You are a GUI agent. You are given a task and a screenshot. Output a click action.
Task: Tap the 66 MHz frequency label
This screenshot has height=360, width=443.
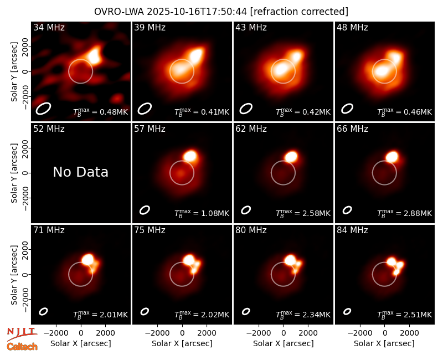(x=352, y=129)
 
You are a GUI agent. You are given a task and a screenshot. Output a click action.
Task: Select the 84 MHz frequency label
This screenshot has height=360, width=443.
(x=352, y=230)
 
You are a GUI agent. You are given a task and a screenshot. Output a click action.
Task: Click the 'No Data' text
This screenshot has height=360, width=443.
(x=80, y=172)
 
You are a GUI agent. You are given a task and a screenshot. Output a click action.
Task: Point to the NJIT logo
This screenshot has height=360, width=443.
(x=22, y=334)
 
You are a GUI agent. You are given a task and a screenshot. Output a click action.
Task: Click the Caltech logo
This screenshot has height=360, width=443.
(x=22, y=347)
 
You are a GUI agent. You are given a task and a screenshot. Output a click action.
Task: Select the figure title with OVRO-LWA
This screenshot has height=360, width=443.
(x=221, y=12)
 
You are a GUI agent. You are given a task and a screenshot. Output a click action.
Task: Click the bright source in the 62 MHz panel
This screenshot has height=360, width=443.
(x=291, y=156)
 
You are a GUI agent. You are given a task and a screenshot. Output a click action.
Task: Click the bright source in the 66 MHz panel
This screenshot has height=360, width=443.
(x=392, y=156)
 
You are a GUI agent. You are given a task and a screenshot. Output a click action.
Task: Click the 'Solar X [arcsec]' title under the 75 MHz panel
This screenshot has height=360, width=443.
(x=182, y=343)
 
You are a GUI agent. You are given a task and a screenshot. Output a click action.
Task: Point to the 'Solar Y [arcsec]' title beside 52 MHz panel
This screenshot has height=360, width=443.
(x=14, y=173)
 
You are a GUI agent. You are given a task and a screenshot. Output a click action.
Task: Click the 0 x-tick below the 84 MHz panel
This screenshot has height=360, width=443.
(x=384, y=333)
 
